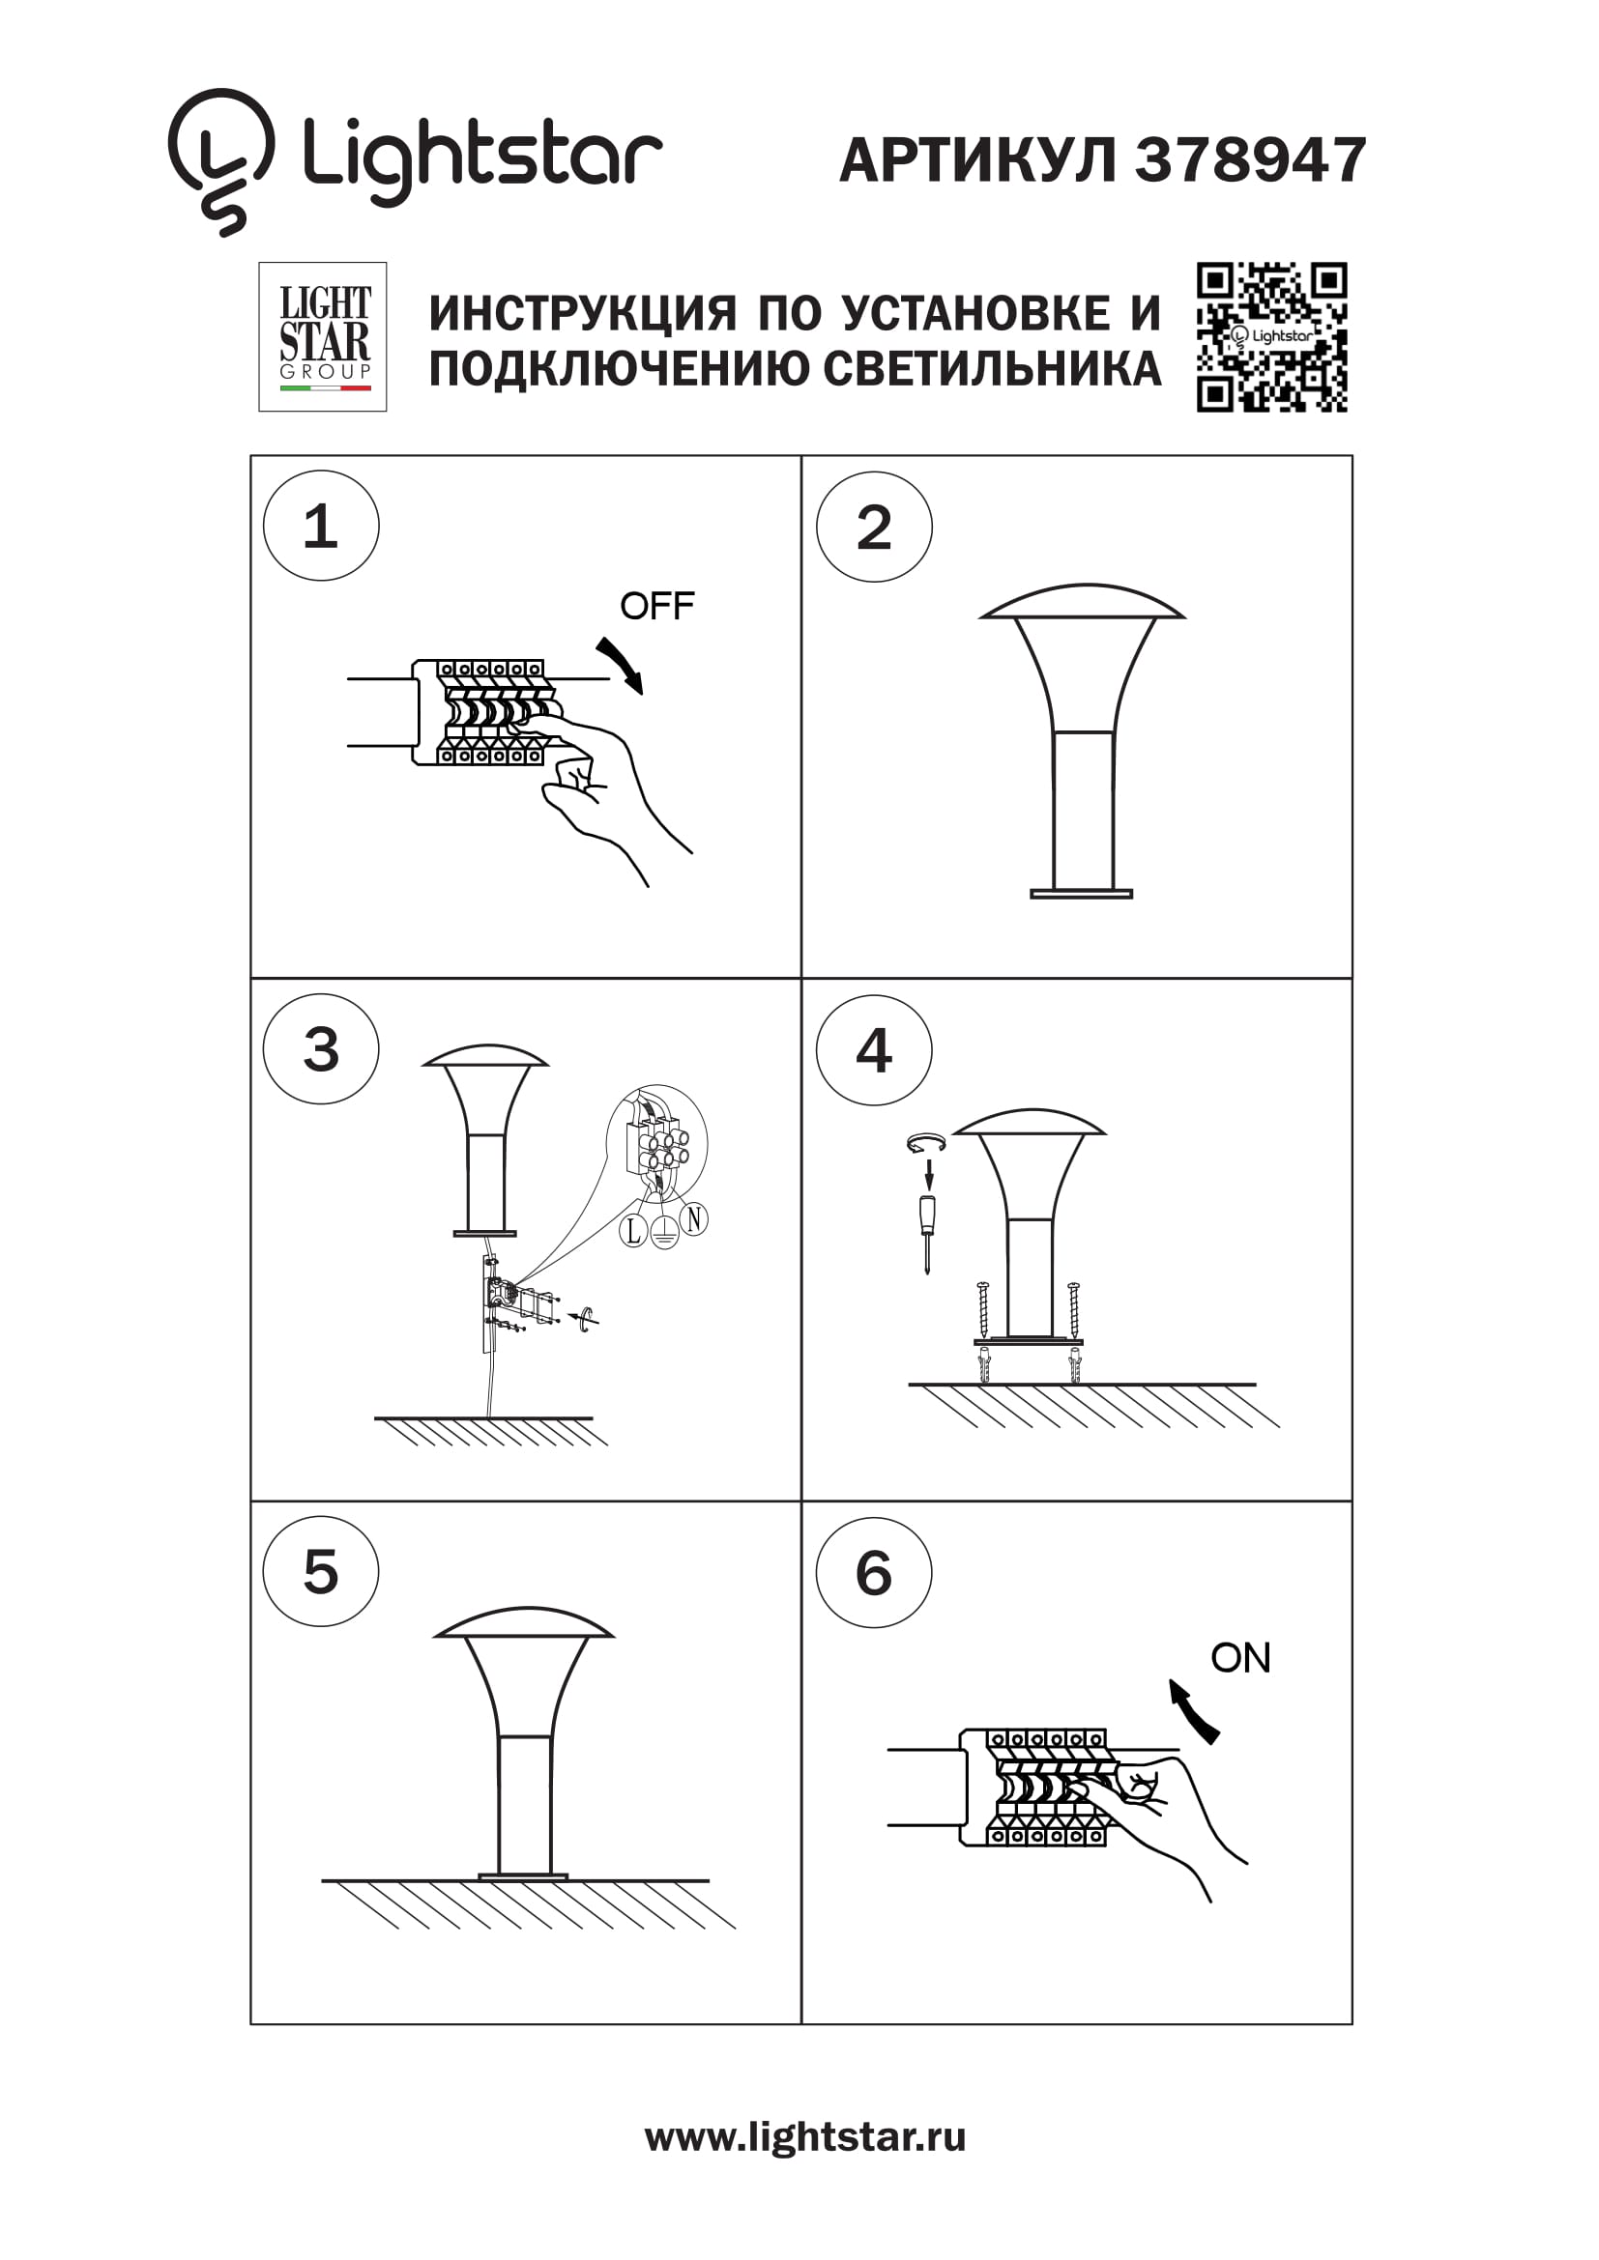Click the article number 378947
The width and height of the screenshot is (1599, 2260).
pos(1250,159)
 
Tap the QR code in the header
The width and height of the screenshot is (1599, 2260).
pos(1271,336)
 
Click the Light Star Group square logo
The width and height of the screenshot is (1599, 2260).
pos(322,336)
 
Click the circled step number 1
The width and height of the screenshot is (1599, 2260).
pos(321,526)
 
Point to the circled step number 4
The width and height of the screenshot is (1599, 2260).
pos(873,1049)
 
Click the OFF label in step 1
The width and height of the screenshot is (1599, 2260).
pos(656,606)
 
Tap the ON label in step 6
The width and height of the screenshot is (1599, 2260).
pos(1240,1658)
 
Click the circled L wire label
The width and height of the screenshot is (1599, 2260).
pos(633,1229)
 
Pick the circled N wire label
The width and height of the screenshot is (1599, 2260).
pos(694,1219)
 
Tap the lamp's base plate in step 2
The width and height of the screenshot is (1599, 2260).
pos(1081,894)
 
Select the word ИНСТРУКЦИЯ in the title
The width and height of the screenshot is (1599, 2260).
pos(583,314)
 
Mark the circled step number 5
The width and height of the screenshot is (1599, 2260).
pos(321,1571)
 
